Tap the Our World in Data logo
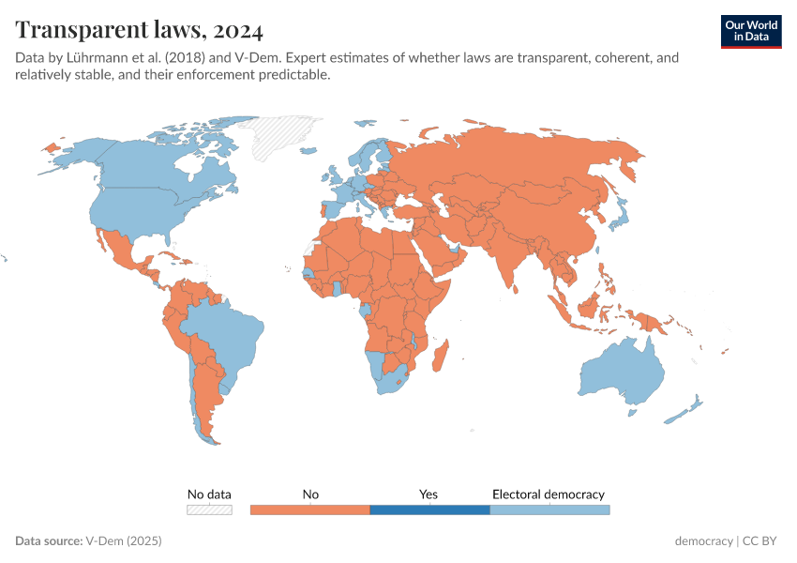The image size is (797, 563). (x=751, y=30)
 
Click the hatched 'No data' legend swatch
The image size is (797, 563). (x=209, y=510)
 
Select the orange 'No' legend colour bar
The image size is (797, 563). (x=310, y=510)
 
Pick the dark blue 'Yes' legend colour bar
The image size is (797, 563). (x=429, y=510)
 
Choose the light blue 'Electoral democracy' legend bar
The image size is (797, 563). (x=549, y=510)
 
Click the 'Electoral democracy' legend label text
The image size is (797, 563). (x=549, y=494)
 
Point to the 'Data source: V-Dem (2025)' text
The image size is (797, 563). (x=89, y=541)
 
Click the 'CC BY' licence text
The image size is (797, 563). (x=762, y=541)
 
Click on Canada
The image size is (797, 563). (x=150, y=174)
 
